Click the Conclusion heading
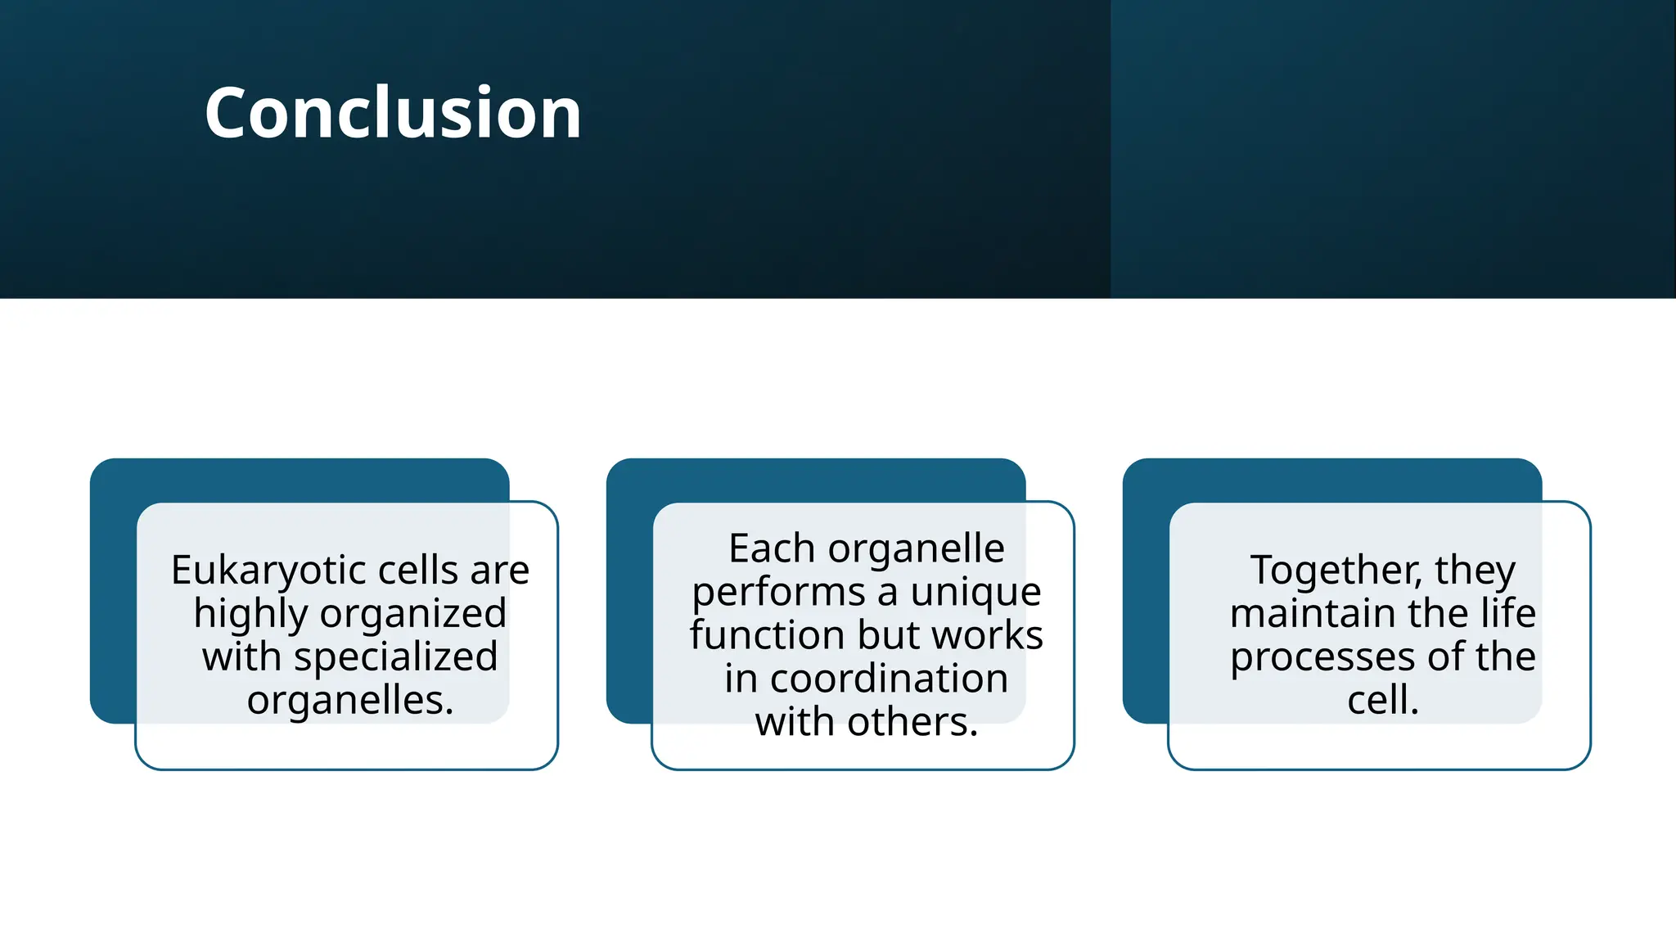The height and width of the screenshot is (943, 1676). pyautogui.click(x=393, y=113)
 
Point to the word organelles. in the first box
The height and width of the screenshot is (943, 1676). pyautogui.click(x=350, y=700)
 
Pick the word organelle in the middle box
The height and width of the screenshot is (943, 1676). pyautogui.click(x=916, y=548)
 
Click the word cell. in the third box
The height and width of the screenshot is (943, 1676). pyautogui.click(x=1383, y=700)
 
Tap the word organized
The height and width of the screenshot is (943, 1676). pyautogui.click(x=412, y=614)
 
